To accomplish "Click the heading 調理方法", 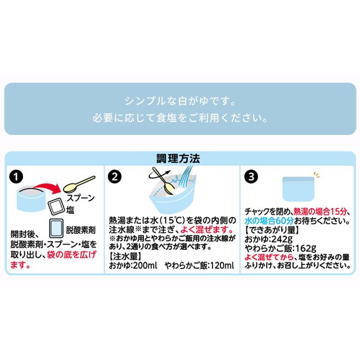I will tap(179, 157).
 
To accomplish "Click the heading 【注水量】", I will tap(124, 255).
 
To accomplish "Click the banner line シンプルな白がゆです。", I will tap(179, 103).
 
